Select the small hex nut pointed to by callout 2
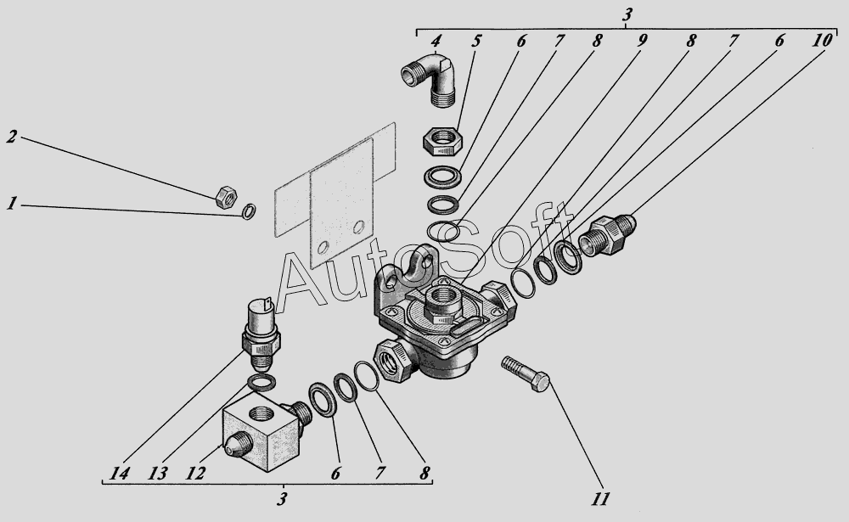point(226,197)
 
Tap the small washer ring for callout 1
point(249,211)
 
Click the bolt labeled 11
point(526,373)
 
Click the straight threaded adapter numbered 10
point(607,235)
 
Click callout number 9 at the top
point(640,41)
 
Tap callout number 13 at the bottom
point(158,474)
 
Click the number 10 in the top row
point(821,41)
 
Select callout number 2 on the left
point(12,137)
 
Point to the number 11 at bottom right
point(600,498)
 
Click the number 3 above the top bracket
point(627,14)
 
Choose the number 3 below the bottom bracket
point(282,498)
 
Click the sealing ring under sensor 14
point(261,382)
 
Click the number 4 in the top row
point(436,41)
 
